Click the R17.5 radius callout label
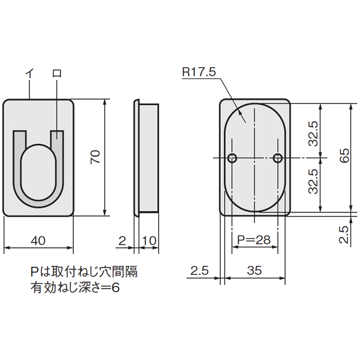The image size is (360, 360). [199, 72]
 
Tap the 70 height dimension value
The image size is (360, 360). [95, 157]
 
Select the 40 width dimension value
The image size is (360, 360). [38, 241]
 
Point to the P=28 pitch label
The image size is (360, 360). [254, 239]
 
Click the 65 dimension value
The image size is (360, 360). [344, 156]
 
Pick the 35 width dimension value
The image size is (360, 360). [254, 271]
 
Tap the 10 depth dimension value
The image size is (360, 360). [149, 241]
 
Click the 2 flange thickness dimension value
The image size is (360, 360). [122, 241]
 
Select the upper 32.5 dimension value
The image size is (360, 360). [313, 134]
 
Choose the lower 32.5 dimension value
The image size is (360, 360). [313, 181]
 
